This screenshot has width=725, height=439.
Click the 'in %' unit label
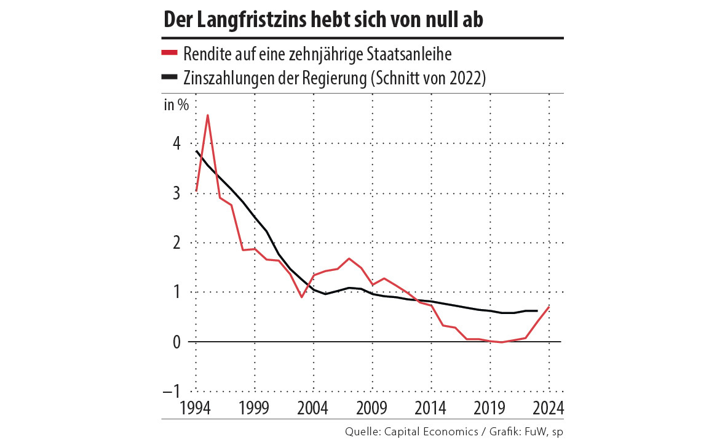[x=176, y=105]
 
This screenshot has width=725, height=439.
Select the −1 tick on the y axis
[x=172, y=392]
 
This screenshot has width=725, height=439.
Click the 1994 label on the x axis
[x=196, y=408]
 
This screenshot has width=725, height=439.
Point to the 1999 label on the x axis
[x=254, y=408]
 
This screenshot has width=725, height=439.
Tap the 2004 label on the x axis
[x=313, y=408]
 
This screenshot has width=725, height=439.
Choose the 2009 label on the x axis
[x=372, y=408]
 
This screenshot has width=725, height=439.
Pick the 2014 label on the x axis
[x=431, y=408]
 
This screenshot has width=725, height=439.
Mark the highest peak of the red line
[x=208, y=115]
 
